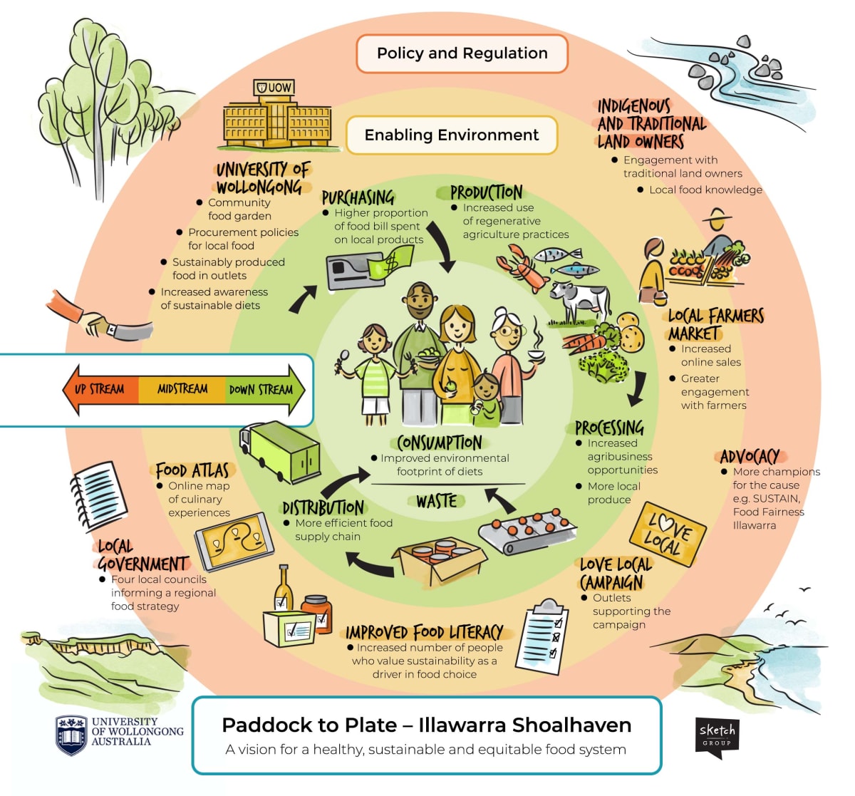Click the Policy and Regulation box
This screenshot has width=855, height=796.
point(462,53)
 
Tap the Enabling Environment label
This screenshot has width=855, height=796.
point(452,135)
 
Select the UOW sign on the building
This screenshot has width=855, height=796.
point(274,88)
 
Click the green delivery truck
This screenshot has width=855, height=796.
point(280,452)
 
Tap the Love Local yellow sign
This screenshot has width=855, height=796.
point(668,534)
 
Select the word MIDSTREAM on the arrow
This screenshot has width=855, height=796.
point(182,389)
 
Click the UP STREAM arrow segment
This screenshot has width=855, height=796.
point(102,390)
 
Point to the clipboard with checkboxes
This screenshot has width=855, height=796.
point(542,636)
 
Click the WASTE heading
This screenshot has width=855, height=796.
point(437,502)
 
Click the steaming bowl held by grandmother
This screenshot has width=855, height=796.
point(537,354)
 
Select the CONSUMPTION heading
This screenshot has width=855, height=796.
point(440,443)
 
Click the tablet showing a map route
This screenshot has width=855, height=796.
point(234,542)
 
